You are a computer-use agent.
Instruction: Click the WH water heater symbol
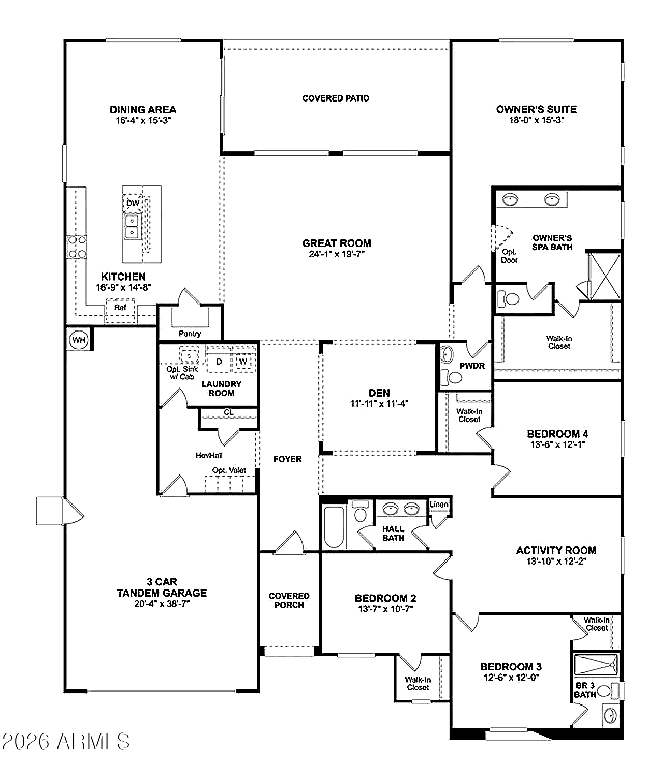point(78,340)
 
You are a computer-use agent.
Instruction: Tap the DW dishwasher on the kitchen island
point(133,203)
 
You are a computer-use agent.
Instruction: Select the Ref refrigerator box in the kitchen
point(120,308)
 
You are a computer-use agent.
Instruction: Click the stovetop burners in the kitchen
point(77,247)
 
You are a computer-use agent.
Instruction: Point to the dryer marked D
point(219,362)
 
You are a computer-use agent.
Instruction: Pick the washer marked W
point(243,361)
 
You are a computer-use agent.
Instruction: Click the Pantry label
point(190,334)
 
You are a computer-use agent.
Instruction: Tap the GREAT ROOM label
point(337,243)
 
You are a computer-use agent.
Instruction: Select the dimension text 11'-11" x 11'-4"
point(379,404)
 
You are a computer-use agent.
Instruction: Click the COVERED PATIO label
point(336,98)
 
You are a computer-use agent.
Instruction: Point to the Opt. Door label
point(509,256)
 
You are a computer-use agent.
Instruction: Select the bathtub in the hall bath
point(334,526)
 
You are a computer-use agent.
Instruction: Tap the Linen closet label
point(439,505)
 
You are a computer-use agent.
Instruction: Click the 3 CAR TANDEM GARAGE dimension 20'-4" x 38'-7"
point(162,603)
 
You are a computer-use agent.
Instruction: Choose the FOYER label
point(287,459)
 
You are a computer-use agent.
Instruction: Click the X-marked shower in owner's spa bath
point(605,275)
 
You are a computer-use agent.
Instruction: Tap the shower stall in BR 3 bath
point(596,664)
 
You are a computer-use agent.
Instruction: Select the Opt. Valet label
point(229,470)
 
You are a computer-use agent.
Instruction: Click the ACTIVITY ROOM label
point(556,551)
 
